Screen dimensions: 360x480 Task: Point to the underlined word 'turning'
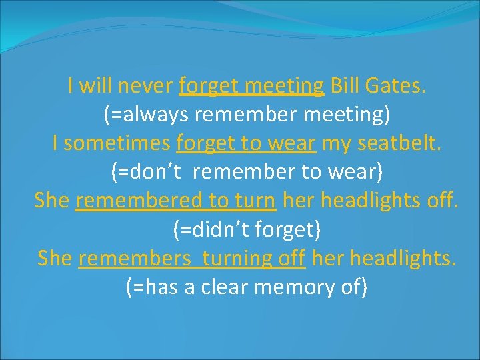click(x=238, y=258)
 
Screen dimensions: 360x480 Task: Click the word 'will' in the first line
click(x=93, y=86)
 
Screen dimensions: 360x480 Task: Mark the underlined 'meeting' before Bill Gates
click(x=284, y=86)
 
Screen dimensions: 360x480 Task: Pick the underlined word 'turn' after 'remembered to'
click(x=256, y=201)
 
